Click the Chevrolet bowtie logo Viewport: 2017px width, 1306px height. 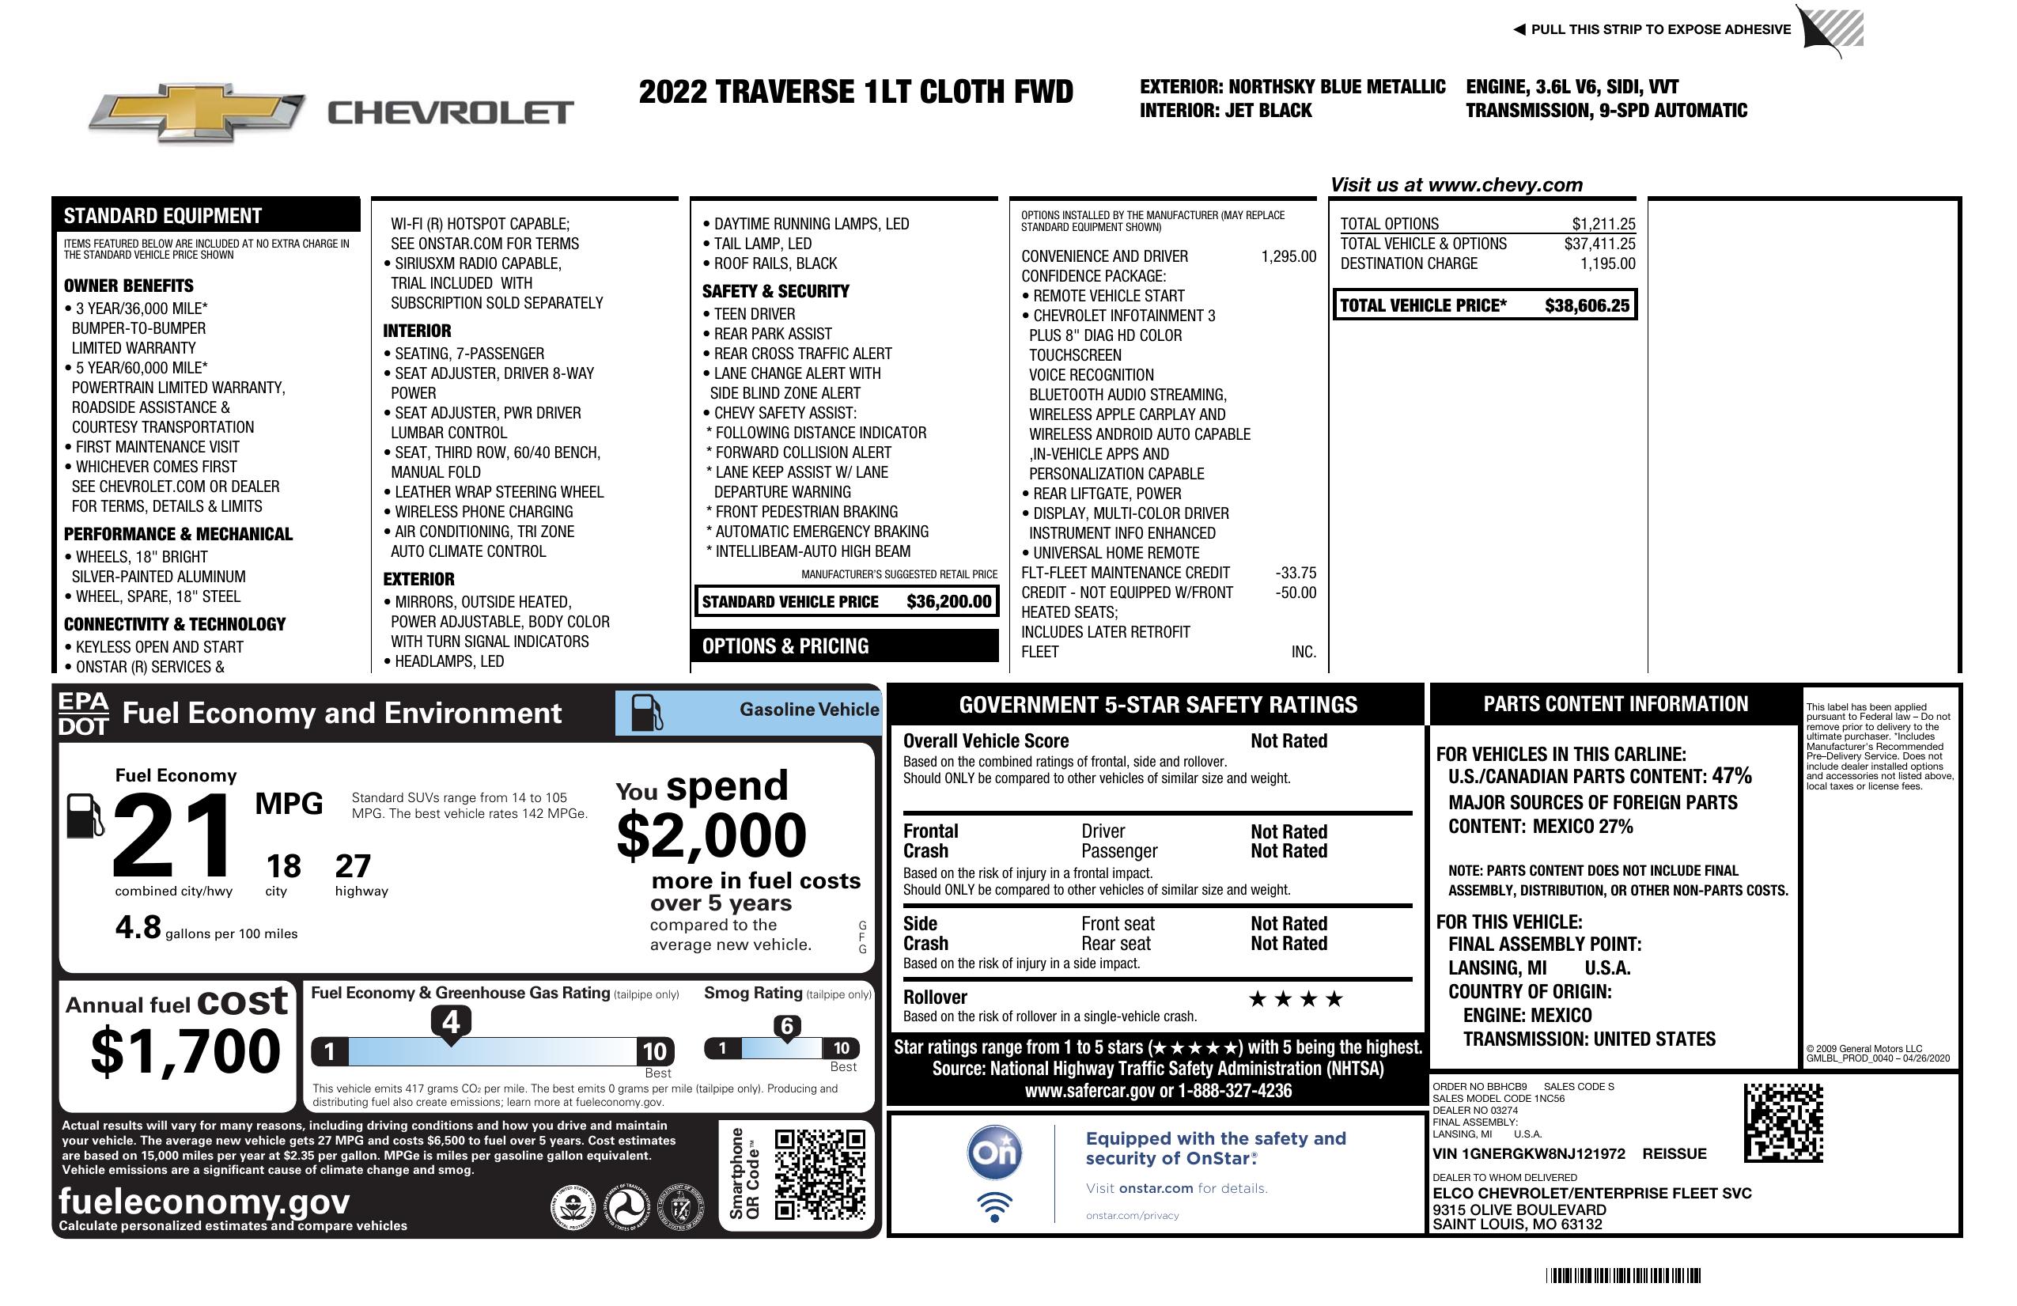click(197, 112)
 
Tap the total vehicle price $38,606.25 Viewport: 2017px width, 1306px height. click(1587, 305)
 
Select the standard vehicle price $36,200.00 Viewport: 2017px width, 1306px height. click(948, 602)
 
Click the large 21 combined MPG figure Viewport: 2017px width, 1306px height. click(172, 835)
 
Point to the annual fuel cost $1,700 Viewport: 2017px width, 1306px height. click(186, 1051)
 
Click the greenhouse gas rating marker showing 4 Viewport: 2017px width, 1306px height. click(451, 1022)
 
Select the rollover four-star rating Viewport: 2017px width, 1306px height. click(1296, 999)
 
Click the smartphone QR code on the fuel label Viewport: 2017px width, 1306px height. click(819, 1174)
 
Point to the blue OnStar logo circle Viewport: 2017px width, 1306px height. click(995, 1153)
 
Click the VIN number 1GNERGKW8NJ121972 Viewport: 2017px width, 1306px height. click(1529, 1153)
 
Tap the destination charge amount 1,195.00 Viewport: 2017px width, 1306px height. click(1607, 263)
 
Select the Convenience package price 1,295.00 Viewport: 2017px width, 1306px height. click(1289, 257)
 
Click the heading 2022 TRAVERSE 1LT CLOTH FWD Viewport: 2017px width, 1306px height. click(856, 92)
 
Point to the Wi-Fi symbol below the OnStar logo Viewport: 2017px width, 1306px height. click(995, 1207)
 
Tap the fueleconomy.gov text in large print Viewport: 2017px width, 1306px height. click(204, 1201)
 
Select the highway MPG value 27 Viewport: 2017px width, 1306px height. click(353, 866)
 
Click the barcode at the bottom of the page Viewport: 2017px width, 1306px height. click(1623, 1275)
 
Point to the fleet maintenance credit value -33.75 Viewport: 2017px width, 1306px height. click(1296, 573)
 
